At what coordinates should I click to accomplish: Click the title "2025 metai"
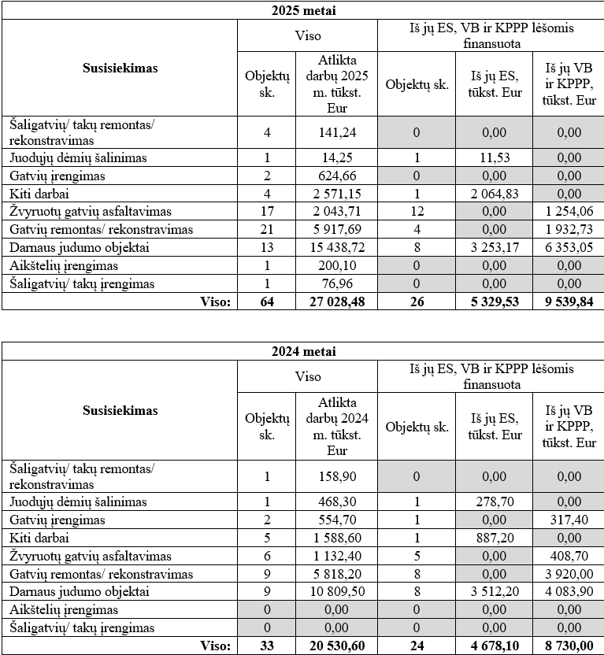302,11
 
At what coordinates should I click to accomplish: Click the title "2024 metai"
302,351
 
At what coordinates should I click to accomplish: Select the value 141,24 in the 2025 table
336,133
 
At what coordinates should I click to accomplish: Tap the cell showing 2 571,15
336,193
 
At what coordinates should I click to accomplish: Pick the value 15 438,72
336,247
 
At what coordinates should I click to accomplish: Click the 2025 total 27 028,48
336,302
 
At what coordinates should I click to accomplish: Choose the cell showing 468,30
336,501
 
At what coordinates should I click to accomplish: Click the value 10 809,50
336,592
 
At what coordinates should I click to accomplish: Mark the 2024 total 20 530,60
336,646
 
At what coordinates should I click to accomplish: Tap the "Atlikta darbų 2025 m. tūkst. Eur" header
336,85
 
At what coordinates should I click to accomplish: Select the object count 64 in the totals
267,302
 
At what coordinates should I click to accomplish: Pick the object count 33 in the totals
267,646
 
